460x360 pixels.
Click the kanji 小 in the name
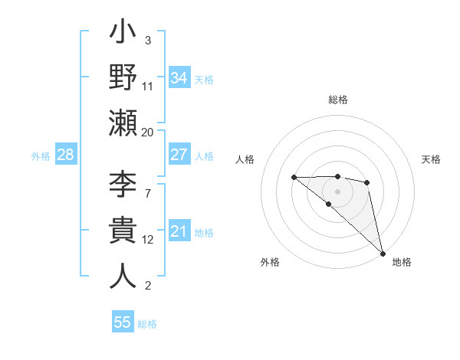tap(123, 34)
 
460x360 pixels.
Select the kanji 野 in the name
tap(123, 77)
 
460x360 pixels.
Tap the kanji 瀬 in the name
tap(123, 123)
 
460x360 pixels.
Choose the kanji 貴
tap(123, 230)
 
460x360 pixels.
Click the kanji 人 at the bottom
tap(123, 276)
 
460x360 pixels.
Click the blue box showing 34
tap(179, 77)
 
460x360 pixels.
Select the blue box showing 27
tap(179, 155)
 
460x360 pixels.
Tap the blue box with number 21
tap(179, 231)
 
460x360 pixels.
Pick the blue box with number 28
tap(66, 155)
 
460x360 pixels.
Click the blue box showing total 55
tap(123, 322)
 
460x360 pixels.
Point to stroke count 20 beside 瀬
tap(147, 133)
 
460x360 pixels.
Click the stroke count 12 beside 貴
tap(147, 240)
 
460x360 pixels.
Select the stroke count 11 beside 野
tap(147, 87)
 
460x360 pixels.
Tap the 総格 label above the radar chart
tap(338, 100)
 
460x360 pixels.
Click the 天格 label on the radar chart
tap(432, 159)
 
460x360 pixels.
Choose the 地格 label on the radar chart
tap(402, 262)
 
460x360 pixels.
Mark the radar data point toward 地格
tap(382, 253)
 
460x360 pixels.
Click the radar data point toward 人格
tap(294, 177)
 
